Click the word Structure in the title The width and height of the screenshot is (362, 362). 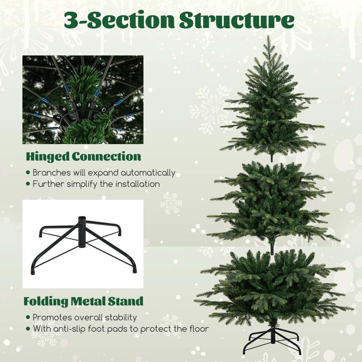coord(237,20)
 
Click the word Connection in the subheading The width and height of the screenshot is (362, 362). coord(106,157)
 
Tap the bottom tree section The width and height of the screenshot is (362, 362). coord(274,286)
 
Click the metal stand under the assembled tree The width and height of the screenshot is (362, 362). coord(272,341)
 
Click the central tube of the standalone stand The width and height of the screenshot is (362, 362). coord(81,232)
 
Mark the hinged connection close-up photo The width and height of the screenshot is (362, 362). coord(83,100)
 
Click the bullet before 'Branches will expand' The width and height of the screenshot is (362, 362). coord(28,173)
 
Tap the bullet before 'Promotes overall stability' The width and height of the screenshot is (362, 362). coord(28,317)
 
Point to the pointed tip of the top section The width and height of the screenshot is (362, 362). coord(268,36)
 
